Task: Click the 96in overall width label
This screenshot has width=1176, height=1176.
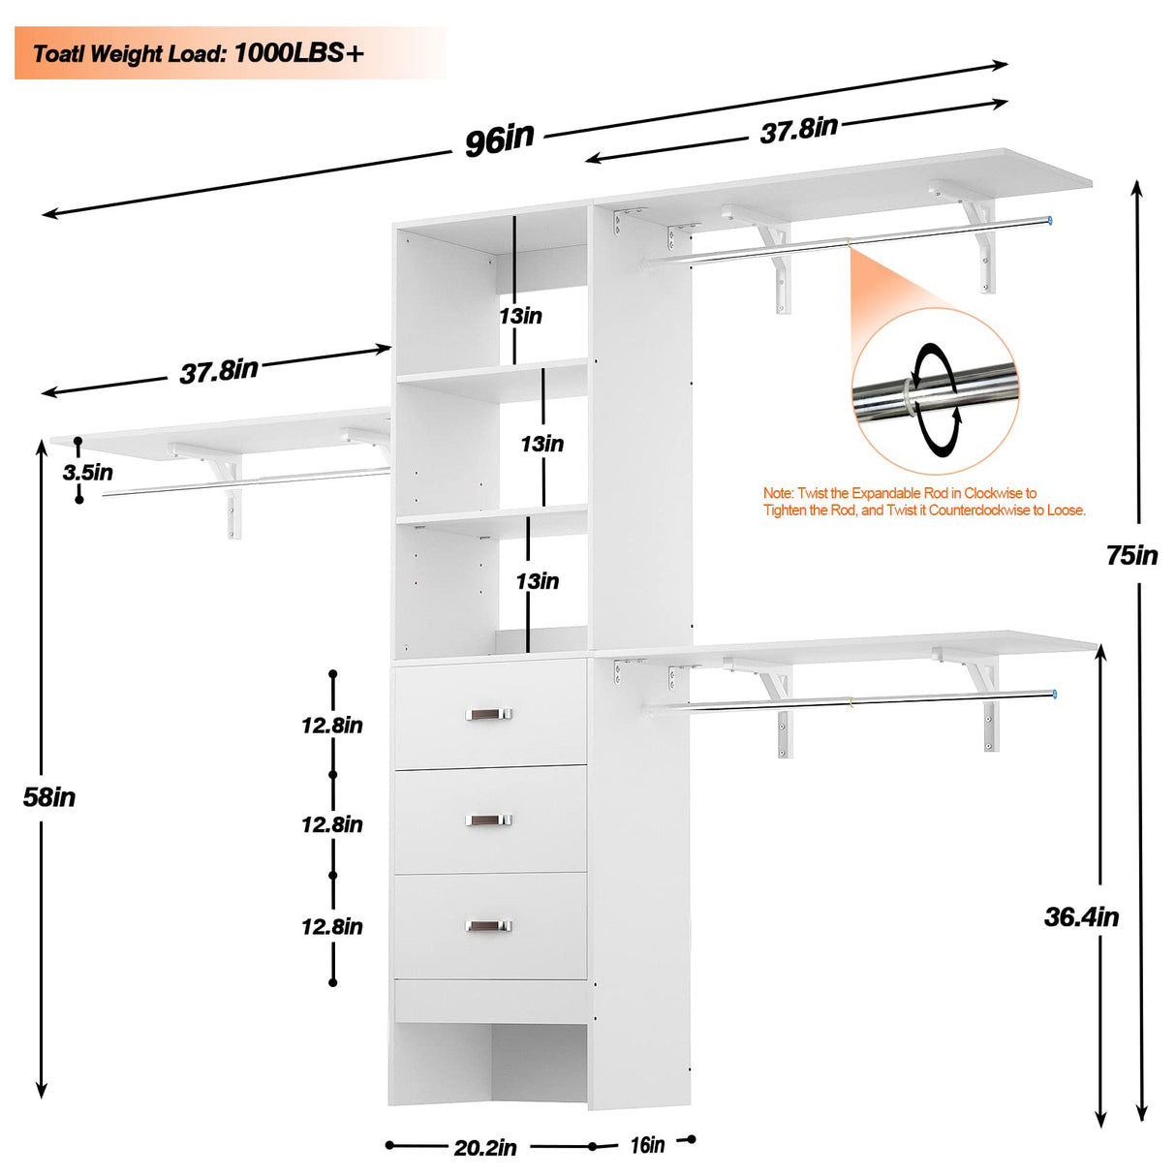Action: (x=499, y=139)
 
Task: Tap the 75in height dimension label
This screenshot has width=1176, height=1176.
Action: (x=1131, y=555)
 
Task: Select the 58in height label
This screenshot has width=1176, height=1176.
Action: (x=49, y=797)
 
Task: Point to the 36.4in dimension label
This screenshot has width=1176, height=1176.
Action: (x=1081, y=916)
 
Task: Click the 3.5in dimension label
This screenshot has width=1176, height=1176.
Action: (x=87, y=473)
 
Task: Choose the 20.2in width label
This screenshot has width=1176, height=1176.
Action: (x=485, y=1148)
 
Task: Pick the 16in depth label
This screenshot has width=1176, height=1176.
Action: (x=647, y=1145)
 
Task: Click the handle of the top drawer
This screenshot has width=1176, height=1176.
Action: (x=489, y=715)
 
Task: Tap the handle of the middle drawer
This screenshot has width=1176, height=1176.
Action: (x=489, y=820)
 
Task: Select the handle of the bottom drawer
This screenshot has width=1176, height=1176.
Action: (x=489, y=926)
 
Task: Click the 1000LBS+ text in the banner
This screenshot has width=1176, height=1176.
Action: (x=298, y=53)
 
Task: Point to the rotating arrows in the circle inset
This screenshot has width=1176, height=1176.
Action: (x=936, y=399)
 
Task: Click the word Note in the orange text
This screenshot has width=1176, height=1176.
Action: (x=778, y=493)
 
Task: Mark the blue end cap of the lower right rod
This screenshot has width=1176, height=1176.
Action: (x=1053, y=695)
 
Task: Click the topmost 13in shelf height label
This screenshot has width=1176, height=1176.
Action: (x=520, y=316)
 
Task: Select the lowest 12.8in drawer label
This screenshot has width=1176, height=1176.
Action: (x=331, y=927)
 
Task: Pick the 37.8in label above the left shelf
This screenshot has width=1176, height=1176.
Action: (x=219, y=371)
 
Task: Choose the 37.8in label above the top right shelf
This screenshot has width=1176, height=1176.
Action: (x=798, y=130)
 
